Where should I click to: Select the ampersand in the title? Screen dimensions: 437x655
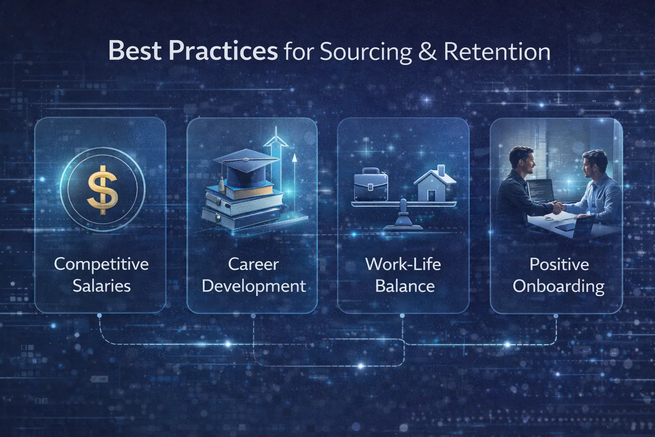click(x=427, y=52)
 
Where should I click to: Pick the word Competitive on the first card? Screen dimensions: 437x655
click(x=101, y=264)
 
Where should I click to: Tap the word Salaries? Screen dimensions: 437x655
click(x=101, y=286)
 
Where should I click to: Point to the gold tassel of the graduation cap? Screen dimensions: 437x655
click(x=222, y=186)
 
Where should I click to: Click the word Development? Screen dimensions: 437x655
click(x=253, y=286)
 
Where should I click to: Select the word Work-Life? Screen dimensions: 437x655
click(x=403, y=264)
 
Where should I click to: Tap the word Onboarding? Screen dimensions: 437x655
click(x=558, y=286)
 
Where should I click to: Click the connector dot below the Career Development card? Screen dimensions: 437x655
click(x=253, y=316)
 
